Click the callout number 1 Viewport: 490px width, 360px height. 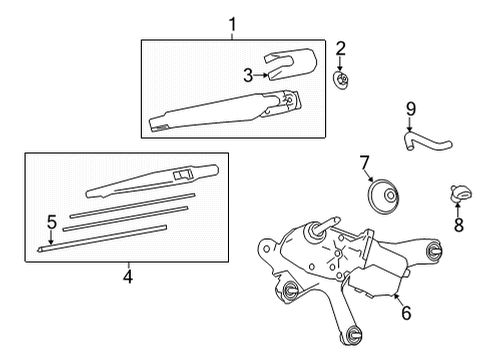pyautogui.click(x=232, y=25)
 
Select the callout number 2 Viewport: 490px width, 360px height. pyautogui.click(x=340, y=49)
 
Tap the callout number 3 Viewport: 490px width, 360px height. pyautogui.click(x=248, y=75)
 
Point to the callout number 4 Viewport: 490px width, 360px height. pyautogui.click(x=128, y=276)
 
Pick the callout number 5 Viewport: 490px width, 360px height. pyautogui.click(x=52, y=222)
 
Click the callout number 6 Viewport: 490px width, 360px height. pyautogui.click(x=406, y=313)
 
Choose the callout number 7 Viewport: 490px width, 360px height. pyautogui.click(x=364, y=163)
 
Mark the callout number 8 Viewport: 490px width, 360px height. pyautogui.click(x=459, y=225)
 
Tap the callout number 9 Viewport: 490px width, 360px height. pyautogui.click(x=411, y=109)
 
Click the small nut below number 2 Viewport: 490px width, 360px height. pyautogui.click(x=341, y=81)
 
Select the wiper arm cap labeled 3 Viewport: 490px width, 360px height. pyautogui.click(x=290, y=64)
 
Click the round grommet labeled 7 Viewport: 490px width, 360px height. pyautogui.click(x=383, y=197)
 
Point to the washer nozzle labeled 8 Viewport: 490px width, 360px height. pyautogui.click(x=461, y=194)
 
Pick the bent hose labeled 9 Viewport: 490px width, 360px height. pyautogui.click(x=427, y=141)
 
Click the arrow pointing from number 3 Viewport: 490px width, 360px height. pyautogui.click(x=261, y=75)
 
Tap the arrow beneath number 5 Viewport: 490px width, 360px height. pyautogui.click(x=51, y=238)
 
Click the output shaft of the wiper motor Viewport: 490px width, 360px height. pyautogui.click(x=327, y=224)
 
